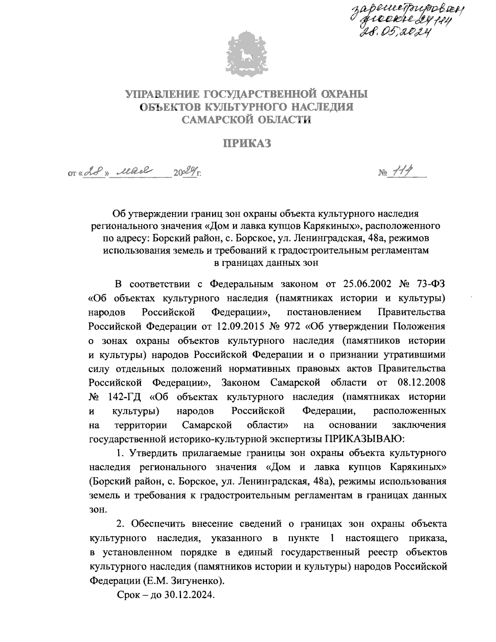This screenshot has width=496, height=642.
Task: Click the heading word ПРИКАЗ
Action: (247, 144)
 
